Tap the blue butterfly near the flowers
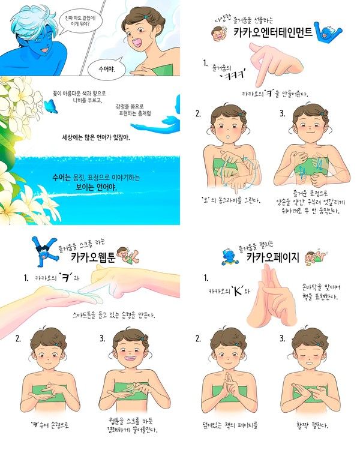[50, 106]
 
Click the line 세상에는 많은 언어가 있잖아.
[96, 137]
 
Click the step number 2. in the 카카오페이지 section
[198, 338]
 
